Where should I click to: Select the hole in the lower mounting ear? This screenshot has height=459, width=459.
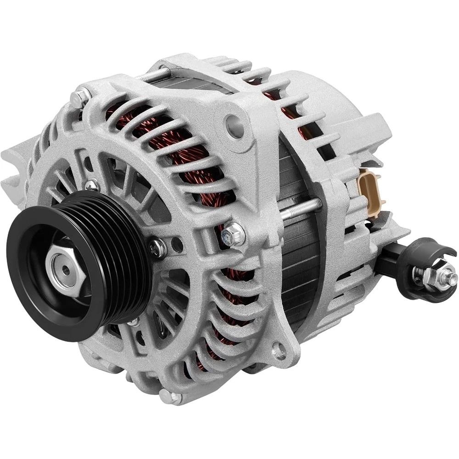(x=278, y=351)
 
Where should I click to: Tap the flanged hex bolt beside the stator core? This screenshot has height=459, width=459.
(x=232, y=235)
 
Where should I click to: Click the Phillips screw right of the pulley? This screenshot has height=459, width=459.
(x=157, y=247)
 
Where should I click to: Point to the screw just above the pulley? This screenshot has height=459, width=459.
(x=92, y=186)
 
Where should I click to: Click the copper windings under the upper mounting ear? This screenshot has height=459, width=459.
(x=193, y=151)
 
